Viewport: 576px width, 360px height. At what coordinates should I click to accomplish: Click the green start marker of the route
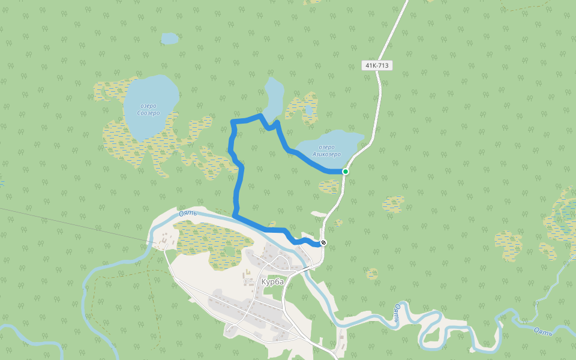pyautogui.click(x=346, y=172)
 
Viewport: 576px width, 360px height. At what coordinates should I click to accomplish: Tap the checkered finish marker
pyautogui.click(x=324, y=243)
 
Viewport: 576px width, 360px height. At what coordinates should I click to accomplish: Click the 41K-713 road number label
pyautogui.click(x=377, y=65)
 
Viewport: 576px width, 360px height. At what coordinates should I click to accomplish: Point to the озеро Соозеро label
pyautogui.click(x=148, y=110)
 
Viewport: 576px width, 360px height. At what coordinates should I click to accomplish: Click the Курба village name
pyautogui.click(x=272, y=281)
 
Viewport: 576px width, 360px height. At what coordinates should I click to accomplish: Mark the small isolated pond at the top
pyautogui.click(x=170, y=38)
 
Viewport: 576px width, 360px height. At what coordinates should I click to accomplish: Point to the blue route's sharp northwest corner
pyautogui.click(x=232, y=122)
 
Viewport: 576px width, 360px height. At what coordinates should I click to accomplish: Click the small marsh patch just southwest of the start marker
pyautogui.click(x=330, y=187)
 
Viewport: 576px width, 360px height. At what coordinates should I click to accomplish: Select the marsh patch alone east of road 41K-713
pyautogui.click(x=394, y=204)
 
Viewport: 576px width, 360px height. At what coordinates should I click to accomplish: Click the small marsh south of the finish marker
pyautogui.click(x=373, y=274)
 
